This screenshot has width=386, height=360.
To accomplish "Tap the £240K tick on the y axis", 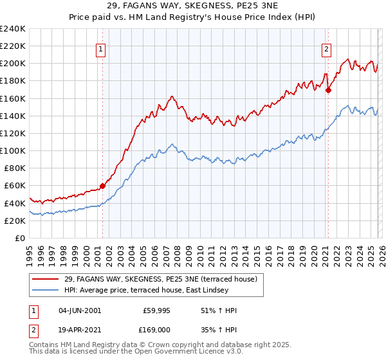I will point(13,29).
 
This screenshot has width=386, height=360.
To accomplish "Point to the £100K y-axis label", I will point(13,150).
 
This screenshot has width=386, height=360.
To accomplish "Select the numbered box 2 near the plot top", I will point(327,48).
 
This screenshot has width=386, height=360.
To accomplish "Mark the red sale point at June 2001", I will point(102,186).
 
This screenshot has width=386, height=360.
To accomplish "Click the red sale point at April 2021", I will point(328,90).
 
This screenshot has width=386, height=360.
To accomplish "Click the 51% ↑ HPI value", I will point(219,310).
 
